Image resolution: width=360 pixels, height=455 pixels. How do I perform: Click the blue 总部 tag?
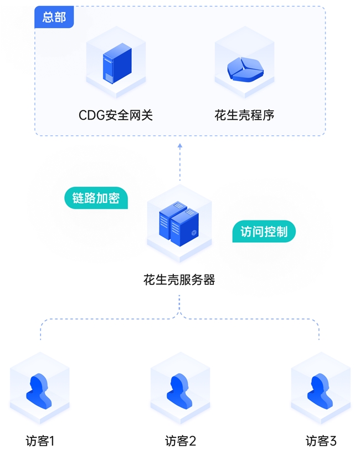tap(54, 17)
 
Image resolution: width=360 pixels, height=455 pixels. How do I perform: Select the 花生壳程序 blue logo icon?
tap(244, 68)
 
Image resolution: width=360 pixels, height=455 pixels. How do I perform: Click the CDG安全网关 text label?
tap(115, 115)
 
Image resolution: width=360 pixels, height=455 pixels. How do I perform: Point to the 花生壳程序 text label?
tap(244, 115)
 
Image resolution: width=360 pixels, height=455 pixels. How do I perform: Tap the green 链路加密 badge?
tap(96, 198)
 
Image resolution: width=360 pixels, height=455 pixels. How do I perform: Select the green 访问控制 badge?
tap(264, 231)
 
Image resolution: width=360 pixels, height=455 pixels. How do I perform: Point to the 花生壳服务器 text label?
tap(179, 280)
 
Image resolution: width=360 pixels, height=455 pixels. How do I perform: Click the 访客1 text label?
tap(40, 441)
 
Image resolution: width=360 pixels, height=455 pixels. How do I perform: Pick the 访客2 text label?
tap(180, 441)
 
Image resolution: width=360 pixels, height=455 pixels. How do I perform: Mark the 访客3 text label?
tap(321, 441)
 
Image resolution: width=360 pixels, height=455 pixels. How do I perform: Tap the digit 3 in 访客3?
tap(333, 441)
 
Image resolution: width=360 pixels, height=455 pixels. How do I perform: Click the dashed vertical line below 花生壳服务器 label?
tap(179, 304)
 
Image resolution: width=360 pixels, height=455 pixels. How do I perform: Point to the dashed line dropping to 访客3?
tap(319, 331)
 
